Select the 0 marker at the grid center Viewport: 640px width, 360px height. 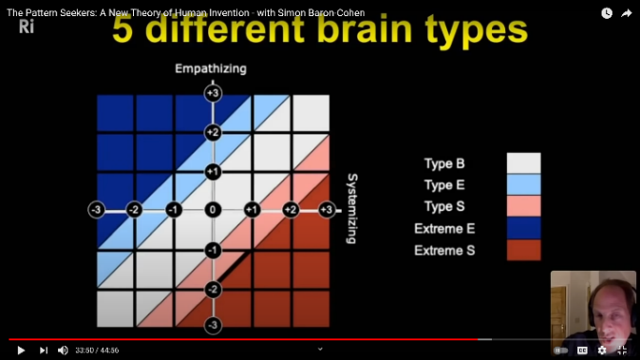point(214,209)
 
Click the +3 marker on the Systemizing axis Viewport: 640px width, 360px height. point(327,209)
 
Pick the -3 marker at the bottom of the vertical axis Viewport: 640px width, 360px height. point(214,326)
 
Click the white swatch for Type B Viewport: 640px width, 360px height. point(523,162)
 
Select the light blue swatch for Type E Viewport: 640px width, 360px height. point(523,184)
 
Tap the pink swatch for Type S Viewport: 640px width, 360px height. point(523,206)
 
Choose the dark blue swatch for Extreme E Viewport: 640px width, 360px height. point(523,228)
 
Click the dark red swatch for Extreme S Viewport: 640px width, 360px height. point(523,250)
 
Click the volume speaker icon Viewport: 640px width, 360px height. point(63,350)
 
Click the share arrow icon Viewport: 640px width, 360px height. point(627,13)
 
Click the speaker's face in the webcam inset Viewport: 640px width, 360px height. point(605,306)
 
